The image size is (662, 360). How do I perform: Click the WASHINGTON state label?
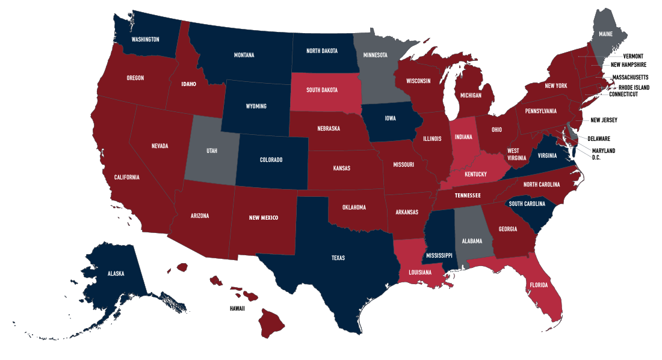[x=145, y=40]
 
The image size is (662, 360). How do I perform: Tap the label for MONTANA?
[x=244, y=55]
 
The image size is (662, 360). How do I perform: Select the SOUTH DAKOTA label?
[x=321, y=90]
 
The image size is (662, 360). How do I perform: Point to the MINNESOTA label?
[x=375, y=55]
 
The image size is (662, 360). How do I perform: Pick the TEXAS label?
[x=338, y=258]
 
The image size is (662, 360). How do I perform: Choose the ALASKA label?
[x=116, y=273]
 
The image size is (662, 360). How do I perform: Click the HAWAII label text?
[x=237, y=308]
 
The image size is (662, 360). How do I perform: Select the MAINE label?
[x=605, y=34]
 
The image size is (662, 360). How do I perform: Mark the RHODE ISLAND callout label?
[x=631, y=87]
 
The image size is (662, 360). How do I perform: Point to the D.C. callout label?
[x=596, y=157]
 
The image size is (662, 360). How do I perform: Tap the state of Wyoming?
[x=256, y=107]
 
